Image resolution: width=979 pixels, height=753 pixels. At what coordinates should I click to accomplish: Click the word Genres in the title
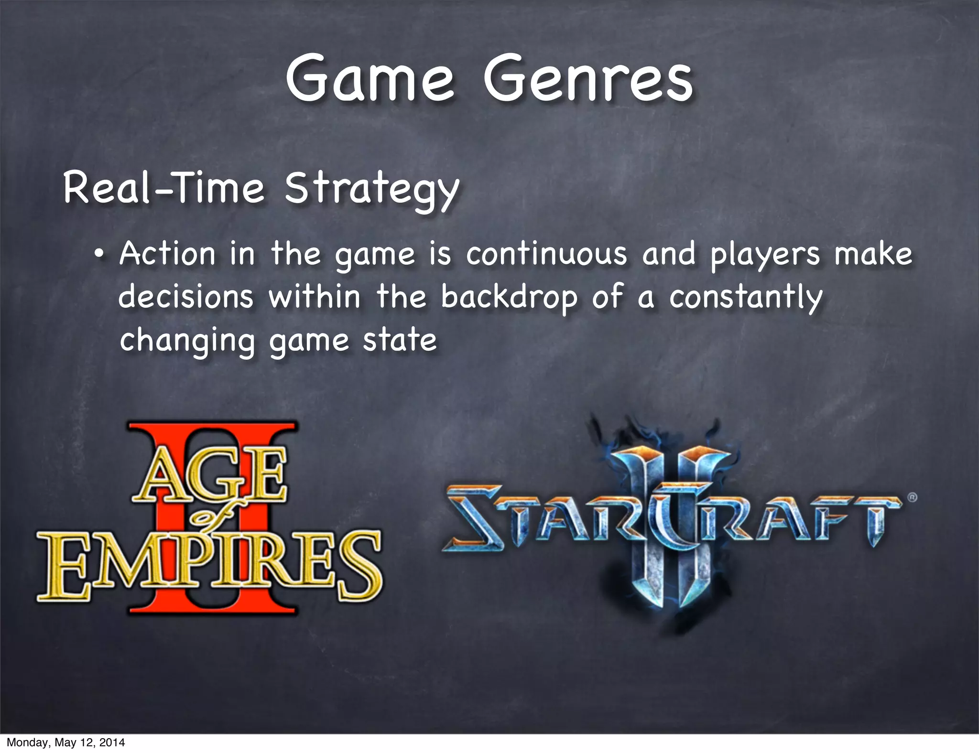click(588, 79)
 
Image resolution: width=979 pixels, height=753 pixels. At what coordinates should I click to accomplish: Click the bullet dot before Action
click(98, 254)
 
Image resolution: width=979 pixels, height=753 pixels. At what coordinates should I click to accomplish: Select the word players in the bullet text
click(765, 255)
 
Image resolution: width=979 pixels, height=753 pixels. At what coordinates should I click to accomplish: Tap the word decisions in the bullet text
click(185, 297)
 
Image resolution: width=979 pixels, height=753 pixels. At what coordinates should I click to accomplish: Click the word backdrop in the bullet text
click(509, 298)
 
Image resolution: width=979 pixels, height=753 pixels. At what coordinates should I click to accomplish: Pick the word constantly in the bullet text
click(746, 298)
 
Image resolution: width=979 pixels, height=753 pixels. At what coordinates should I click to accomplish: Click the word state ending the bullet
click(400, 340)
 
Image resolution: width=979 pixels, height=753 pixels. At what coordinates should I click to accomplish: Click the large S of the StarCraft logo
click(473, 518)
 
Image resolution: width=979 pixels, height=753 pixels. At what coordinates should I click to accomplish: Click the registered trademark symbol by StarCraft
click(912, 497)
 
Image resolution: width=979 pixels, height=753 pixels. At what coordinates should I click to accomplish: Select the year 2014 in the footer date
click(113, 742)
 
